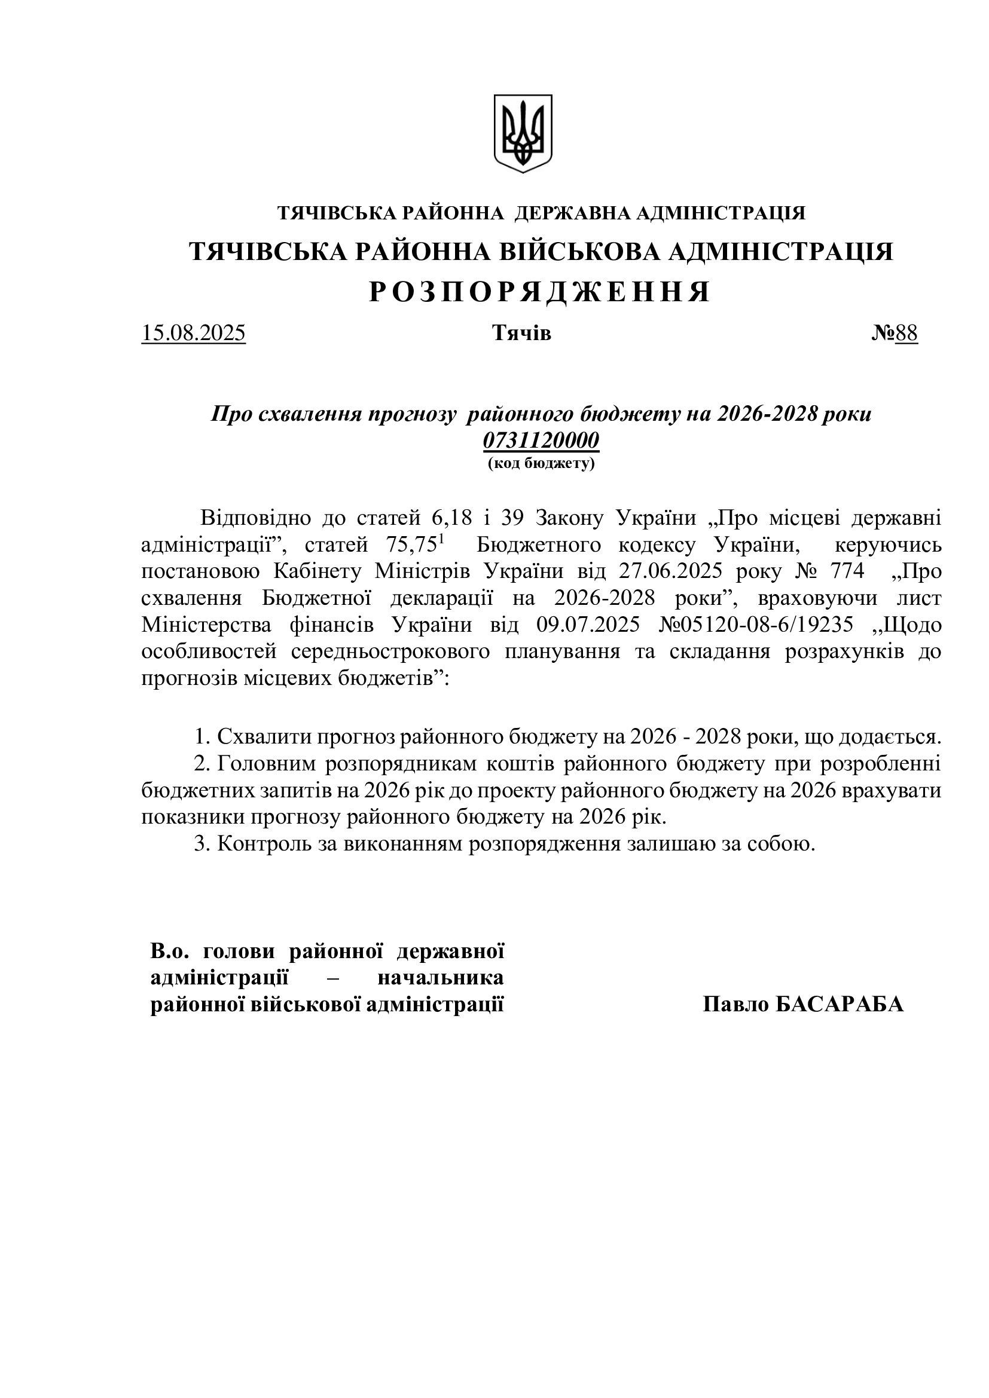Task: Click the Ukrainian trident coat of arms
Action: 523,133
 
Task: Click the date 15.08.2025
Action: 193,334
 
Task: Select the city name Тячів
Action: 521,334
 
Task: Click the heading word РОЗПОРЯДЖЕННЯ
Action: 539,293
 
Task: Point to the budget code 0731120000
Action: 541,440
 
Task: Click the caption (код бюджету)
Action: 541,463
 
